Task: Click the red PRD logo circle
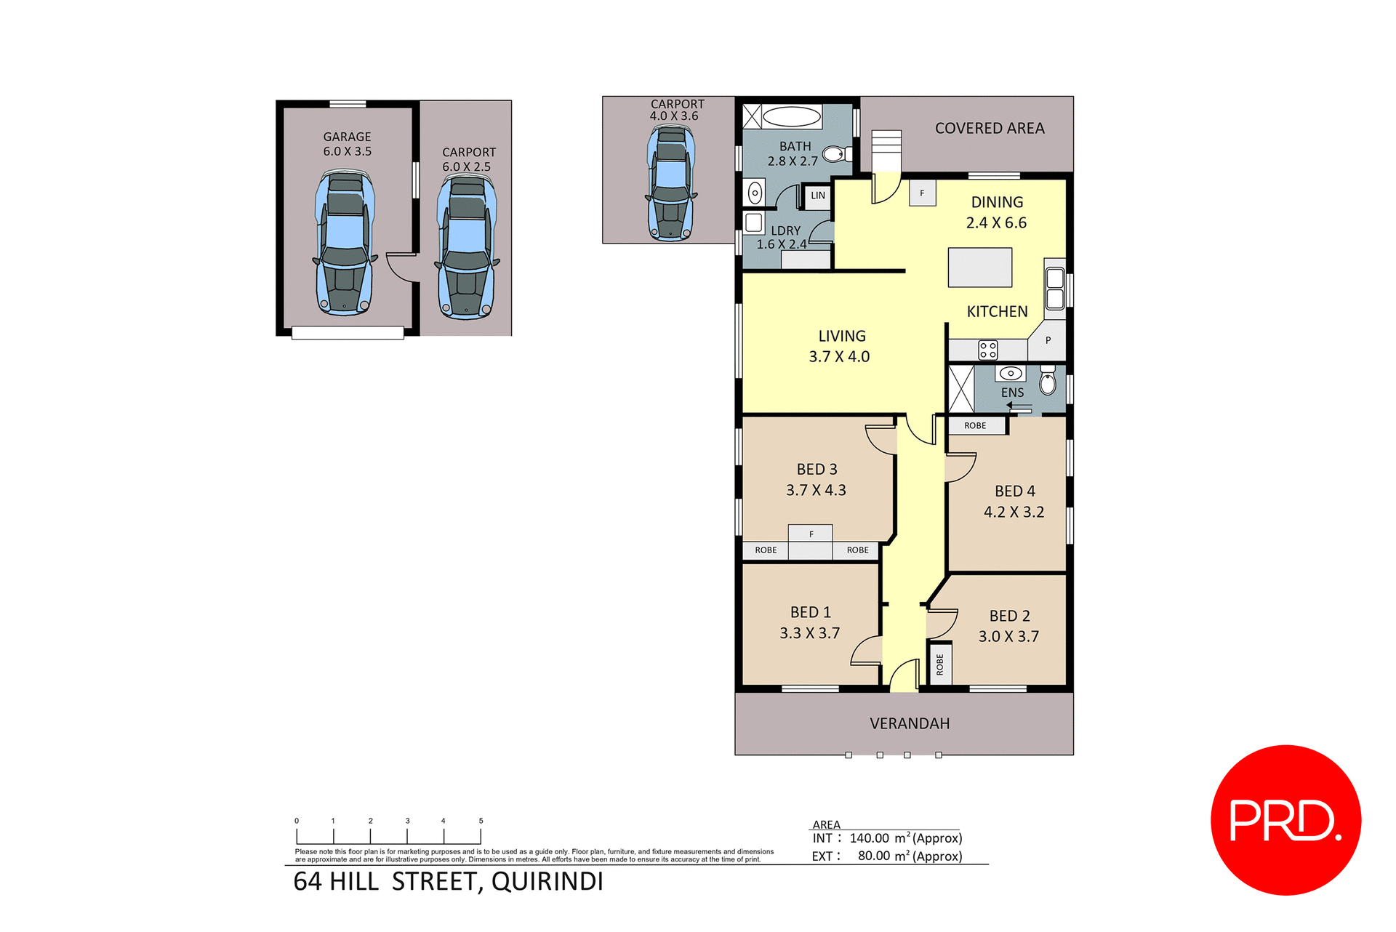[x=1285, y=819]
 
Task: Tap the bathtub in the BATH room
[x=791, y=116]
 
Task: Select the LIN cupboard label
[x=818, y=196]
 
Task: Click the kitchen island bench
[x=979, y=267]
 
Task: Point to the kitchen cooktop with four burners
[x=987, y=350]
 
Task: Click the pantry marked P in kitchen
[x=1048, y=340]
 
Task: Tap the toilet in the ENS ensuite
[x=1047, y=380]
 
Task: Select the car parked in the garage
[x=345, y=243]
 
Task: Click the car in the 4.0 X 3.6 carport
[x=670, y=182]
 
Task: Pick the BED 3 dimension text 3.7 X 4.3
[x=816, y=490]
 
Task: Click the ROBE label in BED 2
[x=940, y=664]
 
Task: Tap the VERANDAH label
[x=910, y=723]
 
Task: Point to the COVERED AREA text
[x=989, y=128]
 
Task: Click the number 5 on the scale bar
[x=481, y=821]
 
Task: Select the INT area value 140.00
[x=869, y=838]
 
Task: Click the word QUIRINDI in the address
[x=547, y=881]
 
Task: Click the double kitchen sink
[x=1054, y=289]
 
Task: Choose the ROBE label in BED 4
[x=975, y=426]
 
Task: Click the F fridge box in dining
[x=922, y=193]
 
